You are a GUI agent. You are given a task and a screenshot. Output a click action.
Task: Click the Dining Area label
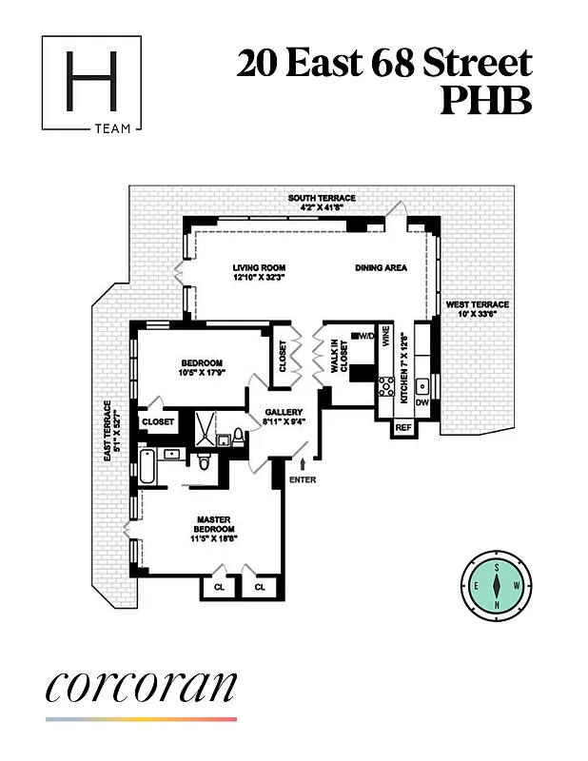381,268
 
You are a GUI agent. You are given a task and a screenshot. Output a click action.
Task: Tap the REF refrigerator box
403,429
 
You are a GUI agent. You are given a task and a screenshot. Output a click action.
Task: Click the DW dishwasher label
421,401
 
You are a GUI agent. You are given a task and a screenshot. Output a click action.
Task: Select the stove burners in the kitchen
386,386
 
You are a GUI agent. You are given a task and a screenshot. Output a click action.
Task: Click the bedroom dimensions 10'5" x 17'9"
202,373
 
